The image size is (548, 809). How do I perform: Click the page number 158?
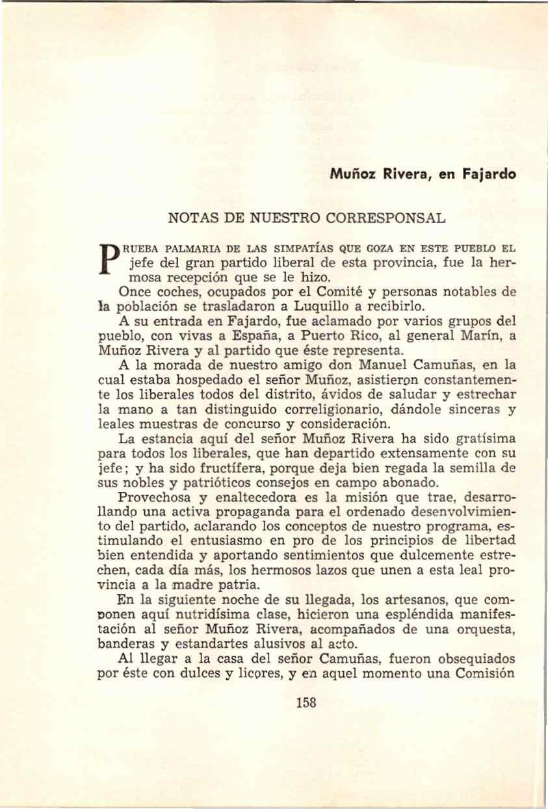pyautogui.click(x=306, y=702)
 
